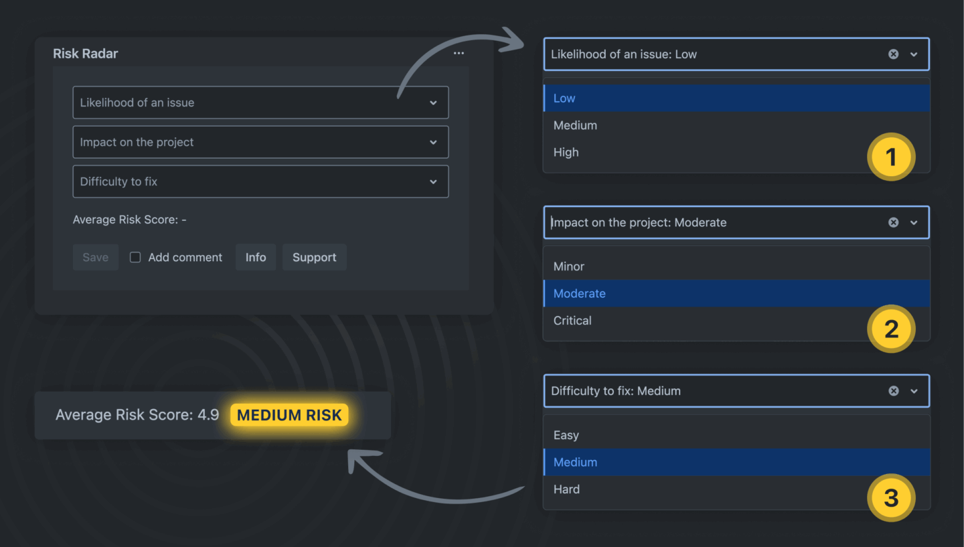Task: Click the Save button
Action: (x=96, y=257)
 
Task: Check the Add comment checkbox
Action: (x=135, y=257)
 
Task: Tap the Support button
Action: (x=314, y=257)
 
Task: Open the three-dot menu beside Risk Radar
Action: (x=459, y=54)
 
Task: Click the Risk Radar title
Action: (x=85, y=54)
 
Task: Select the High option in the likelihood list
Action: (x=566, y=153)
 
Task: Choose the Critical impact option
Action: (x=572, y=321)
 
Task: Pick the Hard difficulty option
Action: (x=566, y=489)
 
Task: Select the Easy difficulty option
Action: (x=566, y=435)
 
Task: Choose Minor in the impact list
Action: (x=568, y=266)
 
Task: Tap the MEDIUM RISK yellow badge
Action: (x=289, y=415)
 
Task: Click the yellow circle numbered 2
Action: (x=891, y=329)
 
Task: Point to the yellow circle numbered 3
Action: (x=891, y=497)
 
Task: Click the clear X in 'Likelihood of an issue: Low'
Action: (x=894, y=54)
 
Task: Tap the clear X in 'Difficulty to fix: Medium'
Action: (x=894, y=391)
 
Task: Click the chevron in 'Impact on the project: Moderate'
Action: (x=914, y=222)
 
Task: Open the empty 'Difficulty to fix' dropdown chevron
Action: (x=433, y=181)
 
